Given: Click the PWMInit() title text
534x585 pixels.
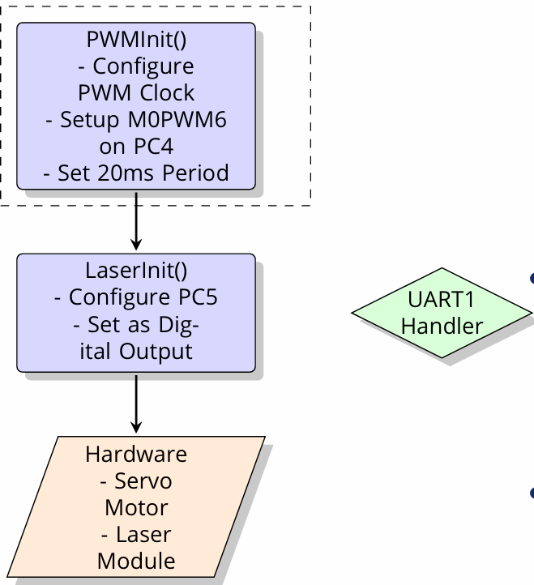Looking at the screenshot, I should [x=136, y=40].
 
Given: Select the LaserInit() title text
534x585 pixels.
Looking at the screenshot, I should [x=136, y=271].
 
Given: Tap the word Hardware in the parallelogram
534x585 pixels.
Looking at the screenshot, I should [x=136, y=455].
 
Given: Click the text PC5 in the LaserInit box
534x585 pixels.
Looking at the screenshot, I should [x=198, y=298].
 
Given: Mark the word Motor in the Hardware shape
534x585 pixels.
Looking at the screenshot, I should [x=136, y=508].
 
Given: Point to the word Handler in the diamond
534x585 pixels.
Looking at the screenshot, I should [x=442, y=327].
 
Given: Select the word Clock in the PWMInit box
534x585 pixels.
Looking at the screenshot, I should [x=169, y=93].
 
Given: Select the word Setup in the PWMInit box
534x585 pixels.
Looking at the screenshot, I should [x=96, y=120].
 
